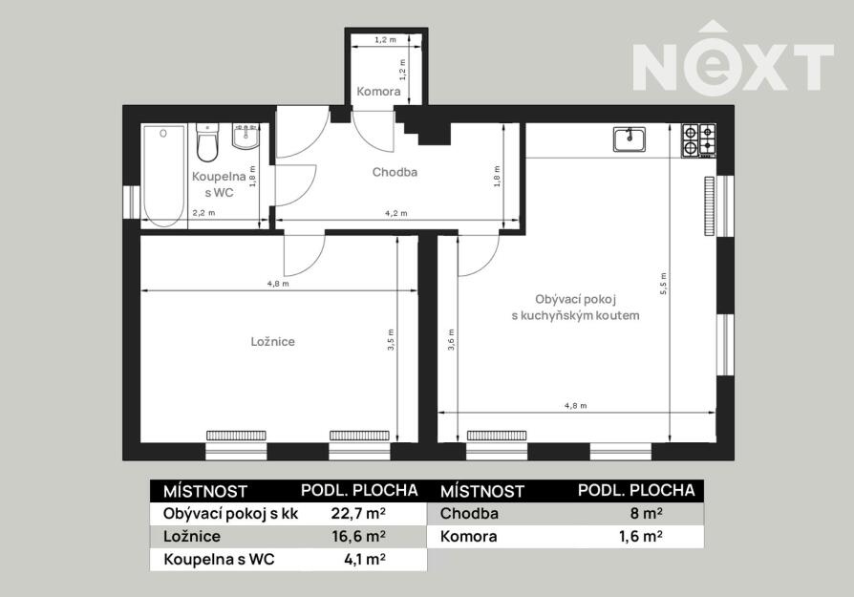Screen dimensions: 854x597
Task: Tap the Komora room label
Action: coord(378,92)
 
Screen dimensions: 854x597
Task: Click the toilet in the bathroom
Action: coord(207,142)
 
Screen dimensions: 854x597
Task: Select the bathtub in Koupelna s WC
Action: coord(164,176)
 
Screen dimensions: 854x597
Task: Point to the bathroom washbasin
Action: coord(246,137)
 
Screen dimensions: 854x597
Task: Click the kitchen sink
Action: coord(630,139)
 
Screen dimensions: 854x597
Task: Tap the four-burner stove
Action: coord(699,140)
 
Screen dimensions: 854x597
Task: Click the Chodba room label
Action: coord(395,172)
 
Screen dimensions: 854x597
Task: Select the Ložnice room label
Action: coord(273,342)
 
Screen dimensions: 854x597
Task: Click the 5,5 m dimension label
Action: coord(663,284)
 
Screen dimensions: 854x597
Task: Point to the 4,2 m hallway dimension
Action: coord(396,214)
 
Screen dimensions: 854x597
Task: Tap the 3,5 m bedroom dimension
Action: coord(391,339)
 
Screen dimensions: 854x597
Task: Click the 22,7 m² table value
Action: coord(359,513)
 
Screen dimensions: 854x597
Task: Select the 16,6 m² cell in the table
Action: coord(359,537)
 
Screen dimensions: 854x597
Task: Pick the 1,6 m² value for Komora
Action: coord(640,537)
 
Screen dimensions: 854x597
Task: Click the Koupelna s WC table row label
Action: coord(219,560)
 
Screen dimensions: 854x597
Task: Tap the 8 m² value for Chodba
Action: coord(646,513)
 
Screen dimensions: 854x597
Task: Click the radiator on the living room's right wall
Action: coord(709,206)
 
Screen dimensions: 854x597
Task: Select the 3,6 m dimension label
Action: coord(451,339)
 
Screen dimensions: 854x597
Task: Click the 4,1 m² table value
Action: coord(365,560)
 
